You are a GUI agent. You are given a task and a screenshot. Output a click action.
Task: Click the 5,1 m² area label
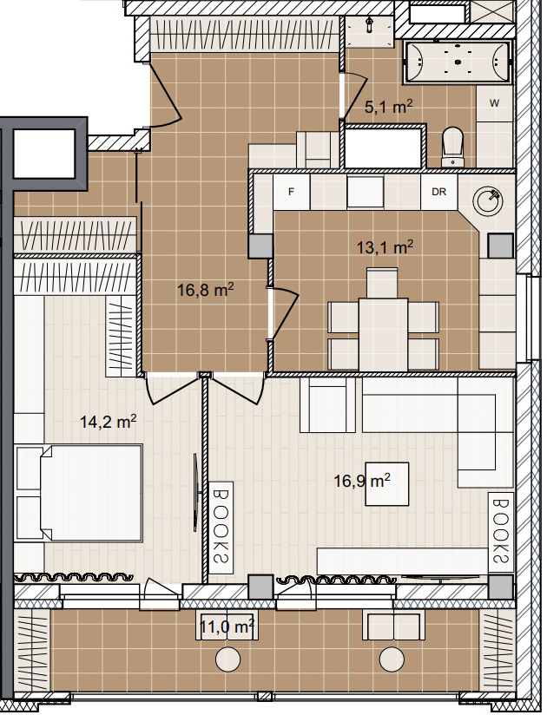point(389,107)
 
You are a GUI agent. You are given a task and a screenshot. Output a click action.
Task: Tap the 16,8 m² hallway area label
point(206,290)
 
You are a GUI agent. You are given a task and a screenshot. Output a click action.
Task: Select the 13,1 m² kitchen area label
point(385,247)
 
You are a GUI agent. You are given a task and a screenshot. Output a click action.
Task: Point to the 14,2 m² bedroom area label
point(109,422)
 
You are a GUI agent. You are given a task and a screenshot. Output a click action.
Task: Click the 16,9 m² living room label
point(362,481)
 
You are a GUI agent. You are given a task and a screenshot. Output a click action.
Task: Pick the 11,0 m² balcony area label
point(227,627)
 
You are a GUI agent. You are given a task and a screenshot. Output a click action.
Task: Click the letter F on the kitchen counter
point(291,192)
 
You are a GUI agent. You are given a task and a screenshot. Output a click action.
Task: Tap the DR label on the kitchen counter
point(438,192)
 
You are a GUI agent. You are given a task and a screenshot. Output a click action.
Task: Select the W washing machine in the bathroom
point(495,103)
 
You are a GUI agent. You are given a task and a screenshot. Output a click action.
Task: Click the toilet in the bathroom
point(452,147)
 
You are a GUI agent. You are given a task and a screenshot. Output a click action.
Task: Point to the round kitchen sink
point(487,200)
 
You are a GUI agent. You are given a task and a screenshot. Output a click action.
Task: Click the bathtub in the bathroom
point(457,62)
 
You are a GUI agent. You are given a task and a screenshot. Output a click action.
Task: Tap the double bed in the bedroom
point(78,494)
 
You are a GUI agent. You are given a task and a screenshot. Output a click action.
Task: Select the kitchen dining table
point(383,334)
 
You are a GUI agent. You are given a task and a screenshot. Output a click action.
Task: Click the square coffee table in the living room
point(387,484)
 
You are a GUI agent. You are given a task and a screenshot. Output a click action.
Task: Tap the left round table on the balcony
point(227,659)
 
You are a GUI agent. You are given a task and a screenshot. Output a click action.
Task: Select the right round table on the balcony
point(392,659)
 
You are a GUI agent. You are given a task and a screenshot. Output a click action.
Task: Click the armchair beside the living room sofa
point(327,405)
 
